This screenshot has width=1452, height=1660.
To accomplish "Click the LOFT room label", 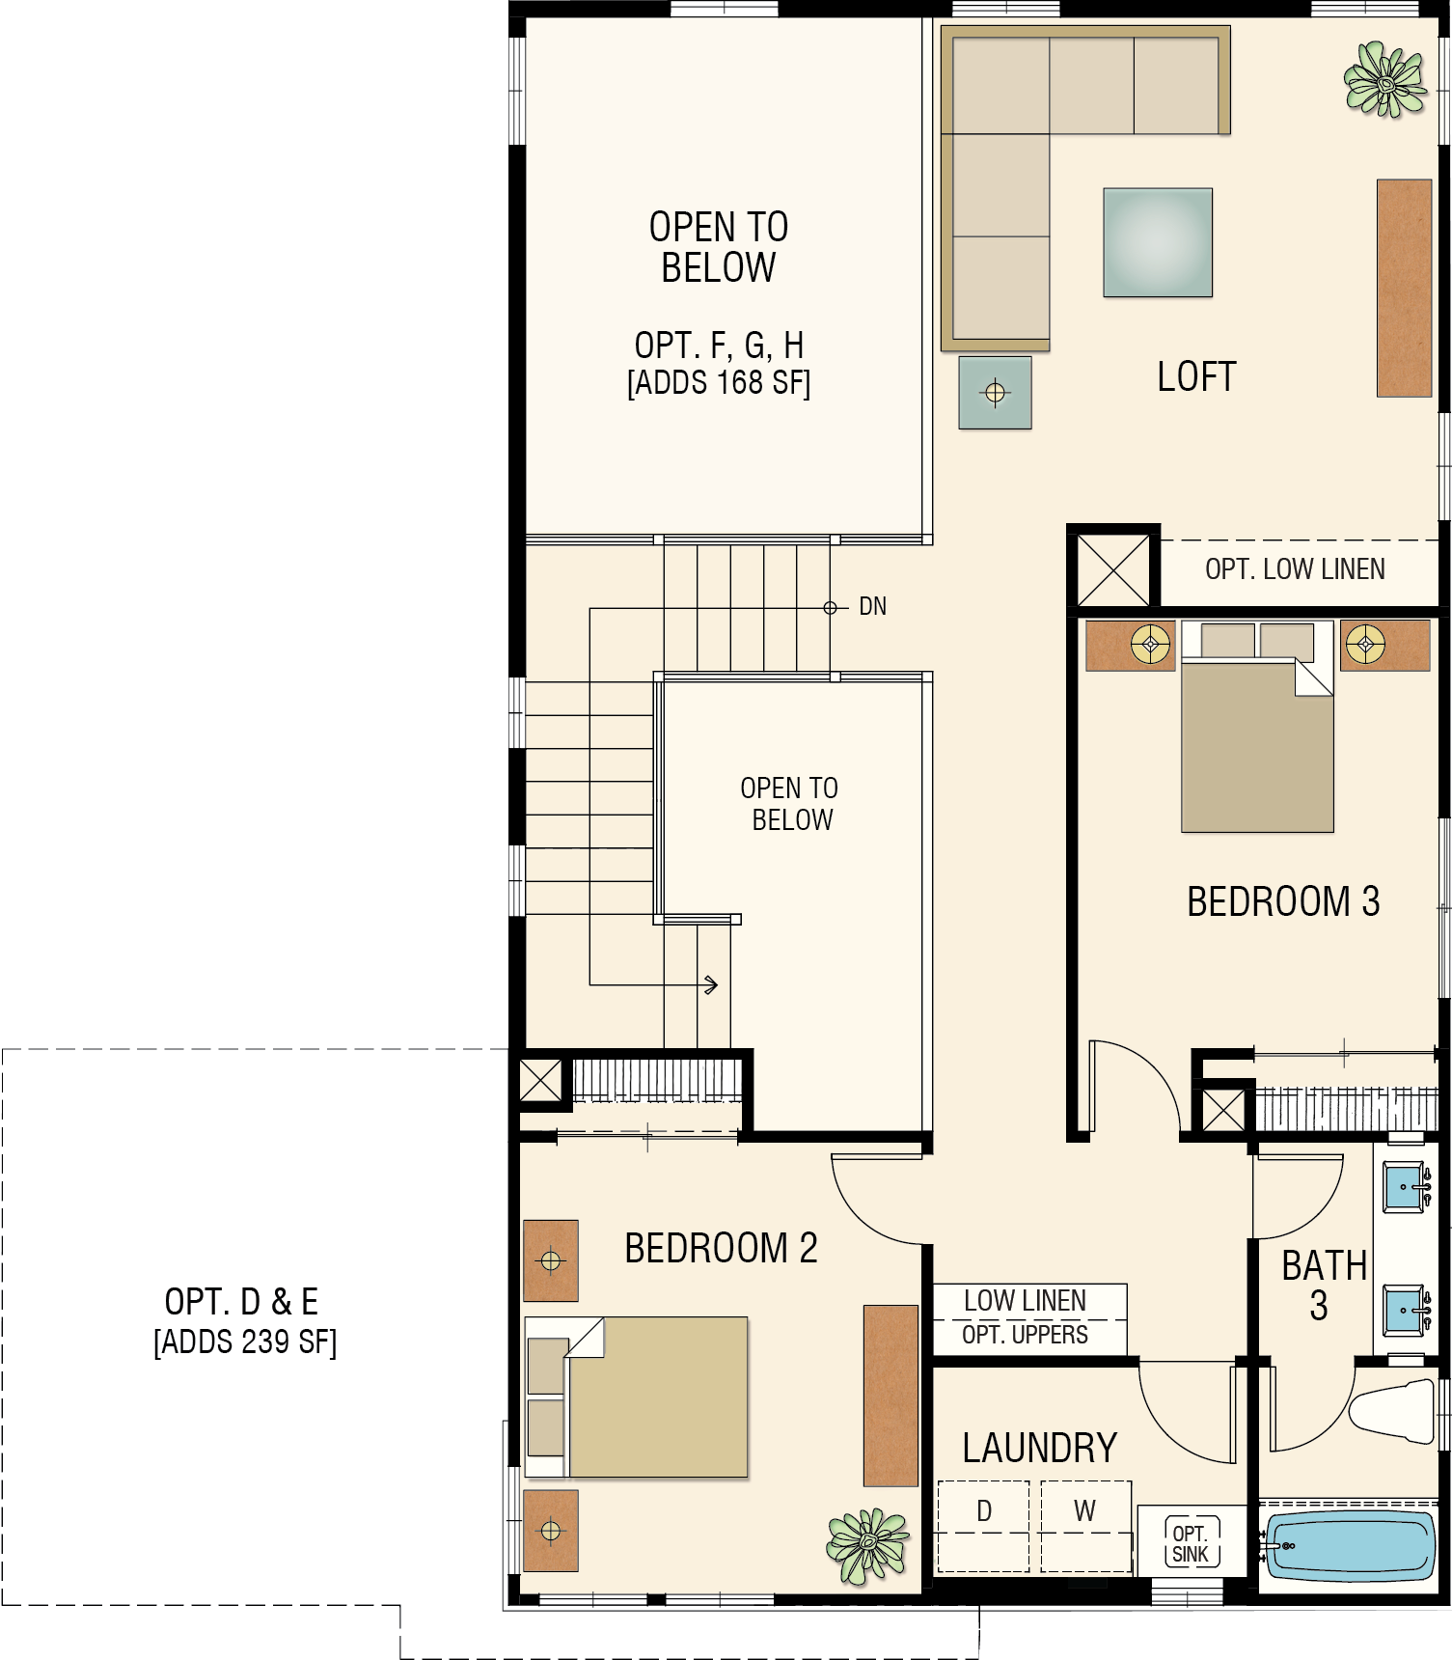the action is click(x=1196, y=376).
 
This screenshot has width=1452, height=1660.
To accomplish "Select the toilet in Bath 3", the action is click(x=1392, y=1411).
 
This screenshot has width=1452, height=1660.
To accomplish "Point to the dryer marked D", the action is click(x=984, y=1526).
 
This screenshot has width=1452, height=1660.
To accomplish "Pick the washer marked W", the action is click(x=1085, y=1526).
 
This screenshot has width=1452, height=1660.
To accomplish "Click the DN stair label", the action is click(x=872, y=606).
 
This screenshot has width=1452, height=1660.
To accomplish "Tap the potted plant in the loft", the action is click(x=1385, y=79).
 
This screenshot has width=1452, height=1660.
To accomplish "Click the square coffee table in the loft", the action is click(x=1158, y=242).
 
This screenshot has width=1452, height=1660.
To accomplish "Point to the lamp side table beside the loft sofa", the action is click(x=995, y=393).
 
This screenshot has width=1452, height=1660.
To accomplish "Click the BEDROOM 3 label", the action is click(x=1283, y=901).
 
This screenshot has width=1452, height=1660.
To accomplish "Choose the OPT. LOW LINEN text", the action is click(x=1295, y=569).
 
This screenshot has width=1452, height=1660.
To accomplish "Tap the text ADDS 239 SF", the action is click(x=245, y=1342).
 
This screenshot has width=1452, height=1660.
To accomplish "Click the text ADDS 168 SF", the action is click(x=719, y=382).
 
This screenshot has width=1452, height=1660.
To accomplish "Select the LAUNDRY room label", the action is click(x=1040, y=1448).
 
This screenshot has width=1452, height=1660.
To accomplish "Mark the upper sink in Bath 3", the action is click(x=1404, y=1186).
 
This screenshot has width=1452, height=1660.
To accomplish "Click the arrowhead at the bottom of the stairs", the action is click(x=712, y=985).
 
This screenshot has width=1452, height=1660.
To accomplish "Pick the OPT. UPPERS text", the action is click(x=1025, y=1335).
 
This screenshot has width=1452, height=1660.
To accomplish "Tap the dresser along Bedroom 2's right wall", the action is click(x=890, y=1396).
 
